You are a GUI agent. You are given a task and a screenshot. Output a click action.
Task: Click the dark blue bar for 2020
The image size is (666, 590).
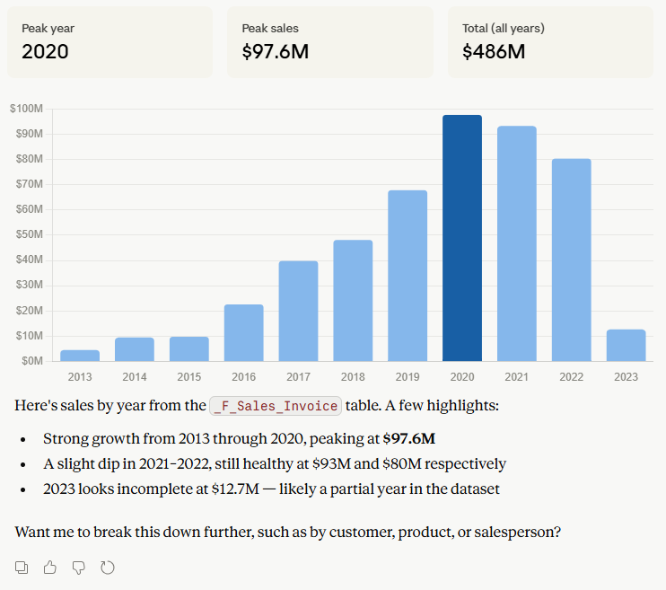point(462,238)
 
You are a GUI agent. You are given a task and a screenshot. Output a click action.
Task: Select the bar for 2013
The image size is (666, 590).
point(80,356)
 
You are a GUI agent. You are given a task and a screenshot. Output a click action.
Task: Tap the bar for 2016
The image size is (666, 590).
point(244,333)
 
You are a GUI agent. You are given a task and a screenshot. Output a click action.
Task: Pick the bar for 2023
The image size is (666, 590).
point(627,345)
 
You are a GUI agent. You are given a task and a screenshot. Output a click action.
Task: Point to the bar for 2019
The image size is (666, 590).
point(407,276)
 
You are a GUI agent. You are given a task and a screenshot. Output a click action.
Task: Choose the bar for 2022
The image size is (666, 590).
point(572,260)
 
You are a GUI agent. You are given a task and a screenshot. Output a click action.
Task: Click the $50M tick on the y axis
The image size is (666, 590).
point(30,234)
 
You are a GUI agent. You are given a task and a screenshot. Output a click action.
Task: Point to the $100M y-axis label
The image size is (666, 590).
point(26,109)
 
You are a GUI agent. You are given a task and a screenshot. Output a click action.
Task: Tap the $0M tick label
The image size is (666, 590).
point(32,361)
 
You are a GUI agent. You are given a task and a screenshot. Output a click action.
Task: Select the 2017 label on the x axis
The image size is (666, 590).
point(298,377)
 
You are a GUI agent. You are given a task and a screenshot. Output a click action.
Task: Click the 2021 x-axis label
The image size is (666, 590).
point(517,377)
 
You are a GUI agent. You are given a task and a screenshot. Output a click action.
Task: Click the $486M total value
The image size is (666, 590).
point(494,52)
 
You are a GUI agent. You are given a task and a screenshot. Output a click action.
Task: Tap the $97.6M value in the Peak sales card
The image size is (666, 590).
point(276,52)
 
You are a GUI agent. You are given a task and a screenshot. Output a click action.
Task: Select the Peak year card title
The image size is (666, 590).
point(48,29)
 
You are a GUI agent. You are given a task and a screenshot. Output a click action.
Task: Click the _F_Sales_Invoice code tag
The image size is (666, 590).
point(276,406)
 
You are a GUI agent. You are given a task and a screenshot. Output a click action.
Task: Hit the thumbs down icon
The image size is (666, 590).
point(79,568)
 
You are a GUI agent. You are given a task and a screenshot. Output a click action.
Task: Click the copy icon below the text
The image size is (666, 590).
point(22,568)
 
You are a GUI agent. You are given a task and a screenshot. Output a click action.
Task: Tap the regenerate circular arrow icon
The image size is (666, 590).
point(108,568)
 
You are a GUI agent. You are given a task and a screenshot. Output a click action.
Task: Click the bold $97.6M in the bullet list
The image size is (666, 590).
point(409,438)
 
